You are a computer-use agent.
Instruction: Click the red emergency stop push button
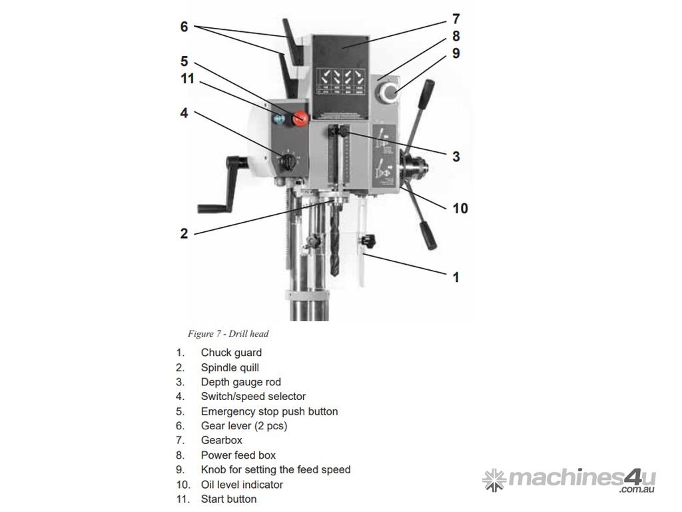pos(300,119)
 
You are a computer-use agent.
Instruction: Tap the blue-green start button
pos(279,119)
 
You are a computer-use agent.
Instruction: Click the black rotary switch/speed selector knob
pos(288,162)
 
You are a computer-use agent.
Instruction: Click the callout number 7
pos(456,19)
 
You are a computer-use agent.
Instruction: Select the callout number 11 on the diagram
pos(187,79)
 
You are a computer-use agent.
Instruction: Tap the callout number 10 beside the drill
pos(460,208)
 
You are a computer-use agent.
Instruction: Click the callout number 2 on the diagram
pos(184,233)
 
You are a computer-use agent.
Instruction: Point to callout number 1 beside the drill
pos(456,277)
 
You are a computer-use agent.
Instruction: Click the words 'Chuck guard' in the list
pos(231,353)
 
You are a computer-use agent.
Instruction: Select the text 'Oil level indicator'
pos(242,485)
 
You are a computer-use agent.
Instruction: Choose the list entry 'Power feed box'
pos(238,455)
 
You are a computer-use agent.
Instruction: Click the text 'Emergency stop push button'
pos(269,411)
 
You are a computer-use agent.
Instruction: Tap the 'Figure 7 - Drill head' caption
pos(228,333)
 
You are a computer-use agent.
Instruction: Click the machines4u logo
pos(569,480)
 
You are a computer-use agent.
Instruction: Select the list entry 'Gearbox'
pos(221,440)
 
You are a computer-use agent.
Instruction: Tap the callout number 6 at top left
pos(184,27)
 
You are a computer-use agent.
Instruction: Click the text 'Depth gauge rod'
pos(240,382)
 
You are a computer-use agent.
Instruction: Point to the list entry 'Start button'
pos(228,499)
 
